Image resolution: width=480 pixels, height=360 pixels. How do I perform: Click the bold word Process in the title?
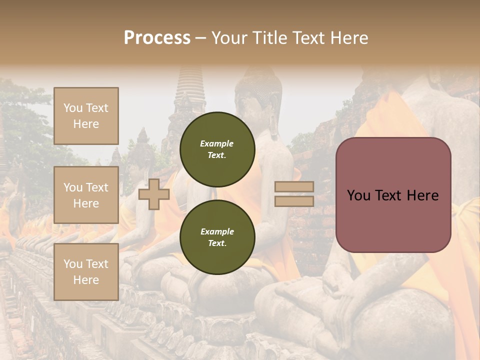coord(157,37)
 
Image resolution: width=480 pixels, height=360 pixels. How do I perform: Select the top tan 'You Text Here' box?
coord(86,116)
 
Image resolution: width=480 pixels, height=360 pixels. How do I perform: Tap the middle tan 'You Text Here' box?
coord(86,195)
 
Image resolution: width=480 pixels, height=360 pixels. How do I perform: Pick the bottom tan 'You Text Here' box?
coord(86,272)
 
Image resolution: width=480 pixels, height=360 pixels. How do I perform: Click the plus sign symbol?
coord(153,194)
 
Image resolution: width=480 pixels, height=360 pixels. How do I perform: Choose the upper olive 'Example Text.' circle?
coord(217,149)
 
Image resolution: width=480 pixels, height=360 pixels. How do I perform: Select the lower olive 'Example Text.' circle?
coord(217,237)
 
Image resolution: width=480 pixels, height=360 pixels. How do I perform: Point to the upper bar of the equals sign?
coord(294,187)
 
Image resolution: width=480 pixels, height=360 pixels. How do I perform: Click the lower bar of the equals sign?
coord(294,201)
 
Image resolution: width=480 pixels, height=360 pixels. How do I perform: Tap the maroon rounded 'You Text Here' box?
coord(393,195)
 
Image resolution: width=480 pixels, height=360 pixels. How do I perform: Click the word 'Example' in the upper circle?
coord(217,143)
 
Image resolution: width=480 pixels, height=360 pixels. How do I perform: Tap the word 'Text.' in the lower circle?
coord(217,243)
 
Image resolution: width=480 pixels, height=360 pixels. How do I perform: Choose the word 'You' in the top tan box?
coord(73,108)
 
